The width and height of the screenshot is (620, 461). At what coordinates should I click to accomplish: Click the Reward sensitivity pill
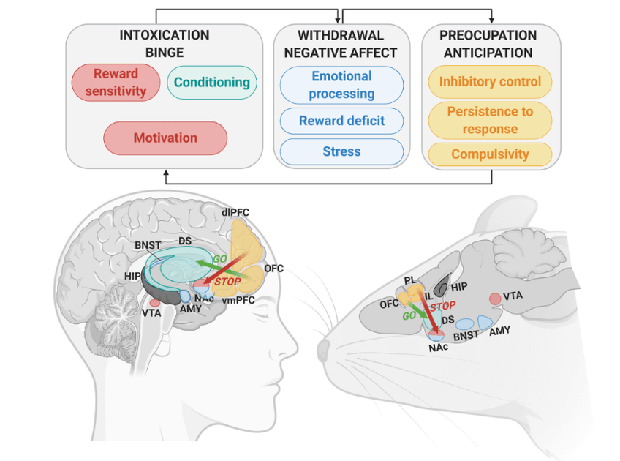click(x=116, y=82)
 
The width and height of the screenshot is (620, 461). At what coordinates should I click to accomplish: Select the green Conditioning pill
click(x=212, y=82)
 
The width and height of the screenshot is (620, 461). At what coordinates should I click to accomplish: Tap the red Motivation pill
click(x=165, y=138)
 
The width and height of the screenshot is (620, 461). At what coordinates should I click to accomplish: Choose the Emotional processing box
click(x=341, y=85)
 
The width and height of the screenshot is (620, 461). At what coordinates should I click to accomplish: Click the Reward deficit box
click(x=341, y=121)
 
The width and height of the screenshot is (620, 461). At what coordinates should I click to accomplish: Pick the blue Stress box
click(x=341, y=151)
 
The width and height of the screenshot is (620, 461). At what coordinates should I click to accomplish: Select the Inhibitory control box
click(x=490, y=81)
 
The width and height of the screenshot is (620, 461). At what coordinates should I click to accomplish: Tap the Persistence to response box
click(x=490, y=121)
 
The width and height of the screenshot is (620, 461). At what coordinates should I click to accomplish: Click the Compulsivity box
click(x=490, y=154)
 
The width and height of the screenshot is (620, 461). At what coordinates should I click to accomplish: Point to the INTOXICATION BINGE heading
click(x=165, y=44)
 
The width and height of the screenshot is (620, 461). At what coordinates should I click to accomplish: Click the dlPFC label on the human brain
click(x=235, y=212)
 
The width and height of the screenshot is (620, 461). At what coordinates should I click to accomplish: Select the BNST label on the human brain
click(x=148, y=244)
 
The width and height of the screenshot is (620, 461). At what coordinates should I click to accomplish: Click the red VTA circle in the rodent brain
click(x=496, y=298)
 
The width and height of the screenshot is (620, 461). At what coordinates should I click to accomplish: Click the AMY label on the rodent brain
click(x=500, y=331)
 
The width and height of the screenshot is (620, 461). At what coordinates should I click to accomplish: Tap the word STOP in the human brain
click(x=227, y=282)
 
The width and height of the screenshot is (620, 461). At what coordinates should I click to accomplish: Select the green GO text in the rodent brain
click(x=409, y=316)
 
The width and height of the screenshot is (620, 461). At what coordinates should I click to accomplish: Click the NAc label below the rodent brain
click(x=438, y=348)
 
